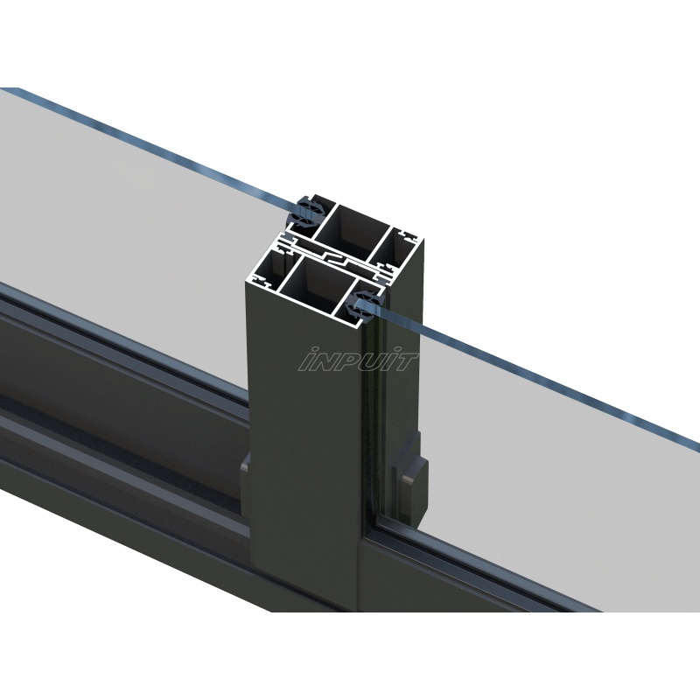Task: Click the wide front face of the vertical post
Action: pyautogui.click(x=302, y=455)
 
